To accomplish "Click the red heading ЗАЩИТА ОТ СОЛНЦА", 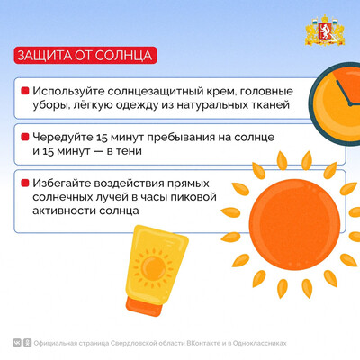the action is point(85,56).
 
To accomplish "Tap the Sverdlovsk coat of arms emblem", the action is point(325,31).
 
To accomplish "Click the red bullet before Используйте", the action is point(25,91).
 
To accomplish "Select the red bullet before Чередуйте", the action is point(25,137).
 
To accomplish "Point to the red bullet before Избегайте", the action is point(25,183).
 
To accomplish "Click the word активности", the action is point(64,211).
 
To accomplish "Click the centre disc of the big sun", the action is point(294,224).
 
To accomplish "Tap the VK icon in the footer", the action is point(17,343).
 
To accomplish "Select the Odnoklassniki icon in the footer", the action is point(27,343).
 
